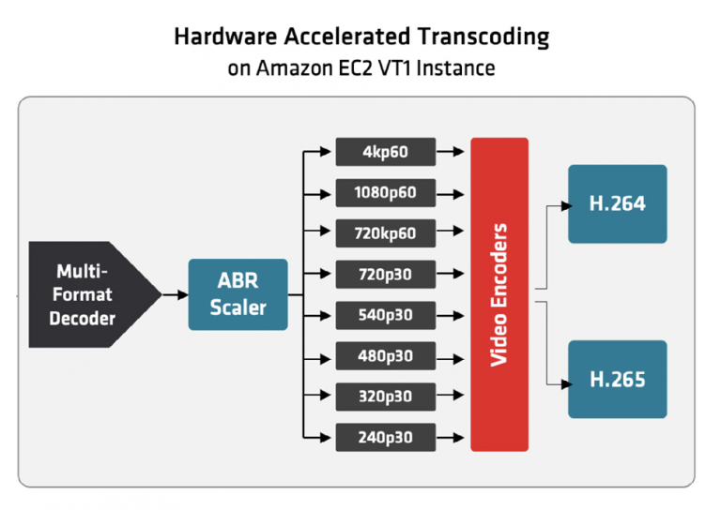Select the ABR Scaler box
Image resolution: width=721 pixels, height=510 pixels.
tap(238, 294)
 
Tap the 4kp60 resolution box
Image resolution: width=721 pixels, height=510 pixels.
tap(385, 151)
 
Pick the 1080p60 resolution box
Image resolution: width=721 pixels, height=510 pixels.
tap(385, 193)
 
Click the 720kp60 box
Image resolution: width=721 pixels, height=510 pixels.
tap(385, 233)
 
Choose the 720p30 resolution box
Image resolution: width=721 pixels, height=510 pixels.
tap(385, 275)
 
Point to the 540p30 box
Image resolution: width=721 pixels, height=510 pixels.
tap(385, 315)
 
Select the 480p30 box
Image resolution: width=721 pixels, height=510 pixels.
tap(385, 355)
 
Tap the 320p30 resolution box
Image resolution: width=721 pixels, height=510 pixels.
tap(385, 396)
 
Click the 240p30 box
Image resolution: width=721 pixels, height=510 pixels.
tap(385, 436)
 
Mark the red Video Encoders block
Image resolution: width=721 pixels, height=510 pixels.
tap(499, 293)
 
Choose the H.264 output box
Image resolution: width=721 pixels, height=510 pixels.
tap(617, 203)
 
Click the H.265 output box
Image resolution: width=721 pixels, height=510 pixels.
tap(617, 380)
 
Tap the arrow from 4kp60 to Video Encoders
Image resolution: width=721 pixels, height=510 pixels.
tap(453, 151)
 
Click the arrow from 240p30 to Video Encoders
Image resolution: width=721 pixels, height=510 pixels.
tap(453, 436)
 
